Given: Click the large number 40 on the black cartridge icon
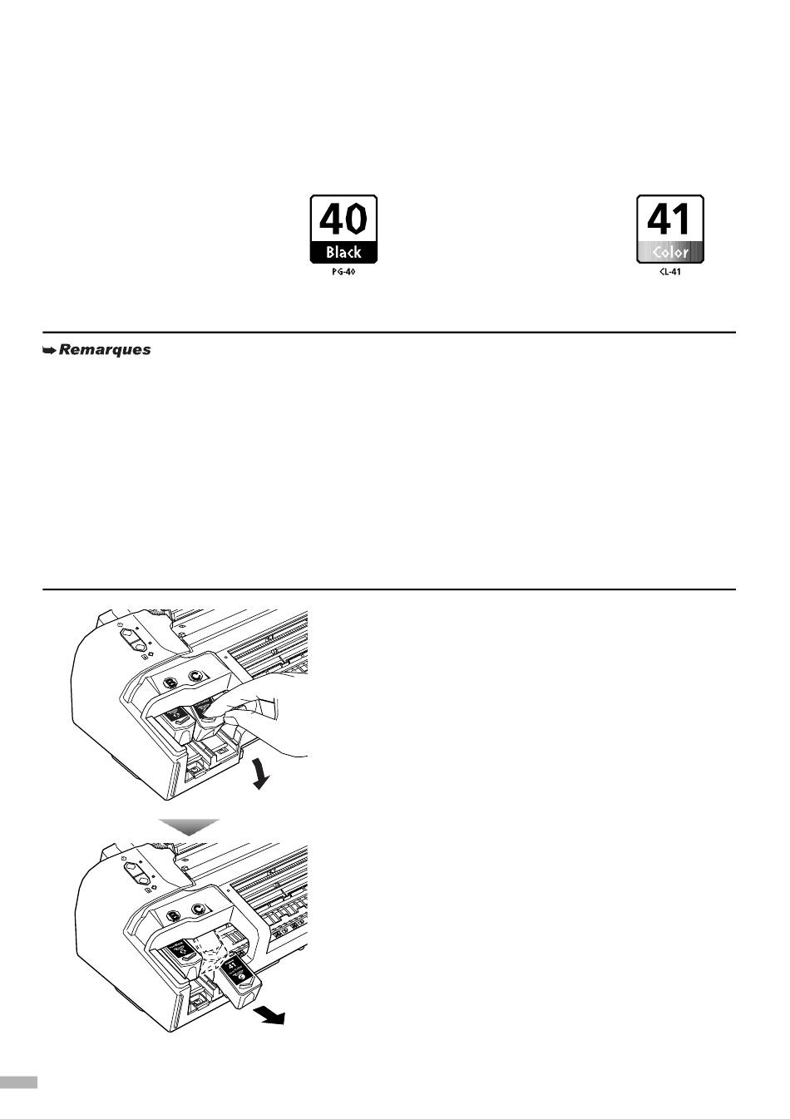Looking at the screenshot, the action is click(x=343, y=219).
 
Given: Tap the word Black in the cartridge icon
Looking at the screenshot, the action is click(x=343, y=253).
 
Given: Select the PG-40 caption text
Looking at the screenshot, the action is click(x=343, y=272).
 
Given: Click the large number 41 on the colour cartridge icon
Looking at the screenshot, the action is click(x=669, y=219).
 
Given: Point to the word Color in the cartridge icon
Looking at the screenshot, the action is click(x=669, y=253).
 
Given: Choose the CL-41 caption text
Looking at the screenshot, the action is click(x=669, y=272).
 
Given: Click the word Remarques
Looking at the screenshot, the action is click(x=105, y=350).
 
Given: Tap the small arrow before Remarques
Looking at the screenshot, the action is click(x=49, y=351).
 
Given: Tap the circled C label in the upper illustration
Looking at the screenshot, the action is click(x=196, y=677).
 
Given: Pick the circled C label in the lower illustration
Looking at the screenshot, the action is click(x=197, y=910).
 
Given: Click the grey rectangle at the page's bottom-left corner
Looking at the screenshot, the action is click(x=18, y=1082).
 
